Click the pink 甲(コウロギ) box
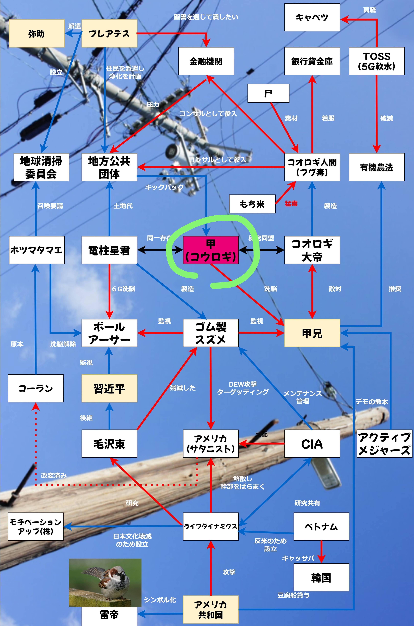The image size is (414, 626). click(x=211, y=250)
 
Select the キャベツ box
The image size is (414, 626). click(x=312, y=17)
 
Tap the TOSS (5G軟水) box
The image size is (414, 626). click(x=376, y=61)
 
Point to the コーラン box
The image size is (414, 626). click(x=36, y=388)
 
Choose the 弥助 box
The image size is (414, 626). click(x=37, y=34)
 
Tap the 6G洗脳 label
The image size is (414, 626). click(x=124, y=289)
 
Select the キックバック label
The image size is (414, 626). click(x=164, y=187)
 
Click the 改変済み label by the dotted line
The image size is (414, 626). click(x=54, y=476)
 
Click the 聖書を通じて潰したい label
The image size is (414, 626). click(x=206, y=17)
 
